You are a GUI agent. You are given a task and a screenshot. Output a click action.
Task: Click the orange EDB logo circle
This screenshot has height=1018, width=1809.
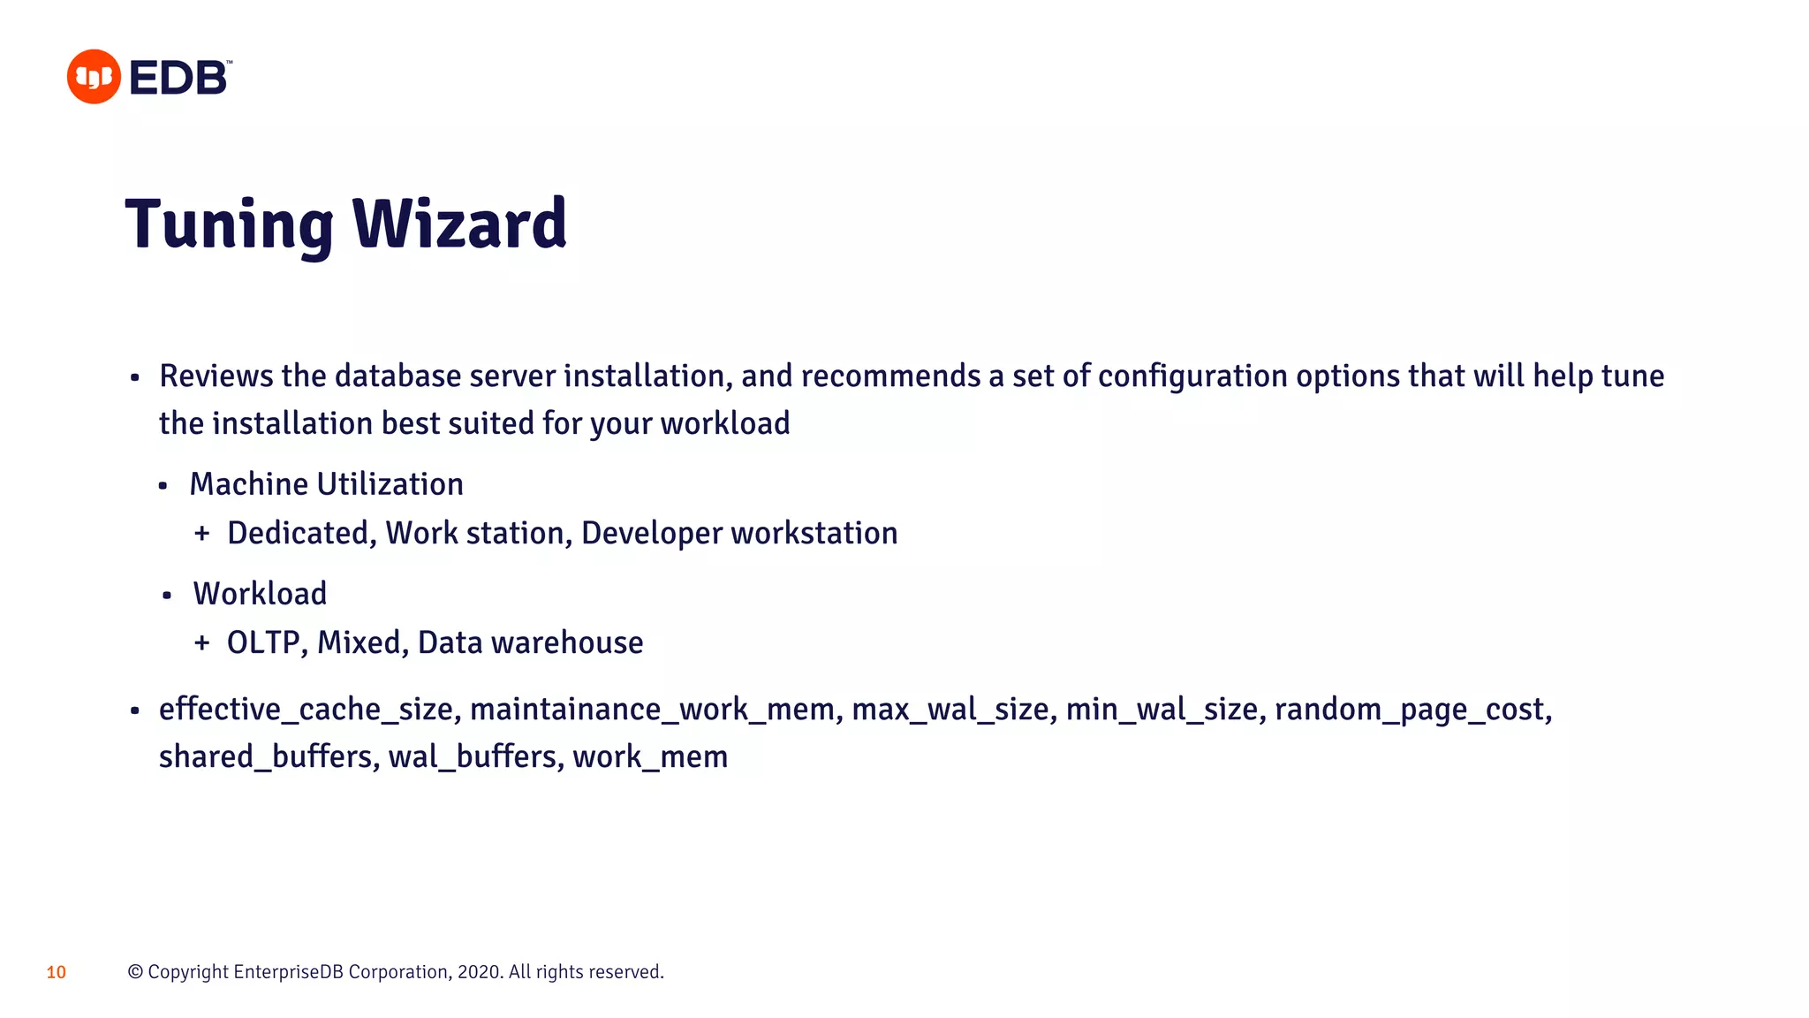click(x=94, y=77)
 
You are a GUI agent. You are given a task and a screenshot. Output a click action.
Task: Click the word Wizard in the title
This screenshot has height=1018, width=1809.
click(x=459, y=224)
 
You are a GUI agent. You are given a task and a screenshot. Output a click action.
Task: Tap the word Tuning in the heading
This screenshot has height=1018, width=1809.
click(x=229, y=224)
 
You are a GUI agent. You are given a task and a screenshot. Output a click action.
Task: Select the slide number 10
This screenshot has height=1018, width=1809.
click(x=57, y=973)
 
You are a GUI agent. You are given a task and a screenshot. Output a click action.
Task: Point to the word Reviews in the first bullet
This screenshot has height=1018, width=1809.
click(x=216, y=376)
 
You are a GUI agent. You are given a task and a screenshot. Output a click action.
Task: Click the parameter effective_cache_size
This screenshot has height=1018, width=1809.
click(x=306, y=710)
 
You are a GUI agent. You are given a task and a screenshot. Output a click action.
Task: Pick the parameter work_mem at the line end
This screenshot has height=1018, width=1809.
click(x=650, y=757)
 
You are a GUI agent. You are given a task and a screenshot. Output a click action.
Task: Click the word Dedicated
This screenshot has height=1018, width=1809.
click(x=298, y=534)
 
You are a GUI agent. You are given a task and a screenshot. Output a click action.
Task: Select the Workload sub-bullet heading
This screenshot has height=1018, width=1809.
click(x=260, y=594)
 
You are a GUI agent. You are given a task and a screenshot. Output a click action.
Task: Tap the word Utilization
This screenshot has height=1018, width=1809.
click(x=390, y=484)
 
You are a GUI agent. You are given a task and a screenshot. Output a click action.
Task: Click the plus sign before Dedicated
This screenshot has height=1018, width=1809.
click(x=202, y=534)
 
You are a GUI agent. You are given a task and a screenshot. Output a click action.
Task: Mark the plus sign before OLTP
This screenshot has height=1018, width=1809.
click(x=202, y=643)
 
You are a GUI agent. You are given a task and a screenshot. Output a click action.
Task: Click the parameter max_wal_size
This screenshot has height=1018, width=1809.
click(x=950, y=710)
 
